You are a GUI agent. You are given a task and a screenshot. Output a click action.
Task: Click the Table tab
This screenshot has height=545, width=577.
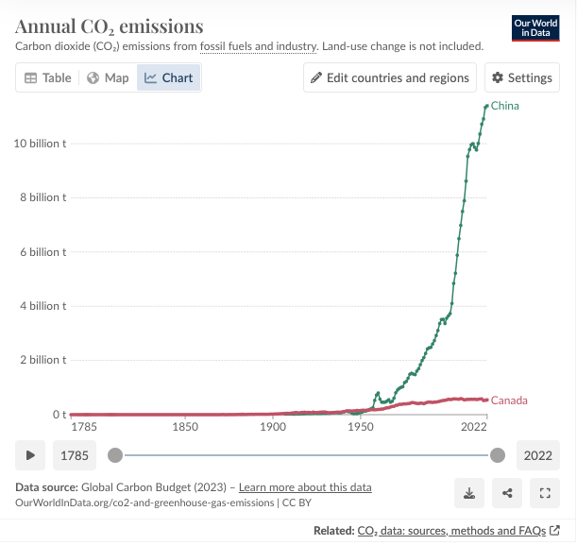(47, 78)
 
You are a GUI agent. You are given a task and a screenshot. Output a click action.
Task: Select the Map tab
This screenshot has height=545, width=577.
(108, 78)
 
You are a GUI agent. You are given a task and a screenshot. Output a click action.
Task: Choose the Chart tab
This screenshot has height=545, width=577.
(169, 78)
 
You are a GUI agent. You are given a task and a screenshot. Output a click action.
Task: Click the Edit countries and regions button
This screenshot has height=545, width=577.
(390, 78)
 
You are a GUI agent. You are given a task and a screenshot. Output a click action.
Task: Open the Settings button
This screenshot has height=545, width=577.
(521, 78)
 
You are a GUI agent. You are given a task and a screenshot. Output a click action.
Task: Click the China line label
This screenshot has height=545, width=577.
(505, 106)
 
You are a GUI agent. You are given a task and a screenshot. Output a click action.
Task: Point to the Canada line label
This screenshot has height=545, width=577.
(509, 400)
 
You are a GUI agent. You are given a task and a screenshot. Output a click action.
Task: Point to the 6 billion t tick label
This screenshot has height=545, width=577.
(42, 252)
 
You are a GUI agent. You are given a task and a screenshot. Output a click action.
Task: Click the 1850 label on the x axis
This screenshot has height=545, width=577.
(185, 427)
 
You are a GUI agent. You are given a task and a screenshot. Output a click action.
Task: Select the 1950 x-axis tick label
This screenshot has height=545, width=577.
(360, 427)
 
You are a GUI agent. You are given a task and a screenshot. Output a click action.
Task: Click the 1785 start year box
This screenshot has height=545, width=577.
(74, 455)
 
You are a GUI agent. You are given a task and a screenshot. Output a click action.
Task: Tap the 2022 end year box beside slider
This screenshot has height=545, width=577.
(538, 455)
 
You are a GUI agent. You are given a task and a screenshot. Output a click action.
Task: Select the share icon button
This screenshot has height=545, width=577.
(508, 492)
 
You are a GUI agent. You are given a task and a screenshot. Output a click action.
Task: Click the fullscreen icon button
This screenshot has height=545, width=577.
(545, 492)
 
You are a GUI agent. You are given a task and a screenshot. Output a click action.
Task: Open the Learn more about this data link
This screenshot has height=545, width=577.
(305, 487)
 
